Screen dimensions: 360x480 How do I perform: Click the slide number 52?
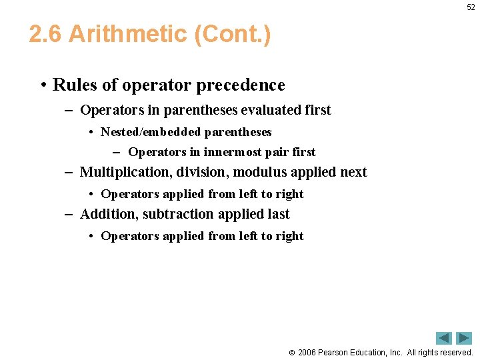click(x=471, y=7)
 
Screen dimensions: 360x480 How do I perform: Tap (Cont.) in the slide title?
click(x=232, y=34)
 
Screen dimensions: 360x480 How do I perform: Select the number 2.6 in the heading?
click(x=45, y=34)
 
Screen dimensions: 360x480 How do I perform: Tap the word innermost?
click(x=236, y=152)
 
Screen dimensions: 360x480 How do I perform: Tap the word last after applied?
click(x=277, y=214)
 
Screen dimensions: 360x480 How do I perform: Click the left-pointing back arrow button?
click(x=444, y=338)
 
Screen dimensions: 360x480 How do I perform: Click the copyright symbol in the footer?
click(x=291, y=352)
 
